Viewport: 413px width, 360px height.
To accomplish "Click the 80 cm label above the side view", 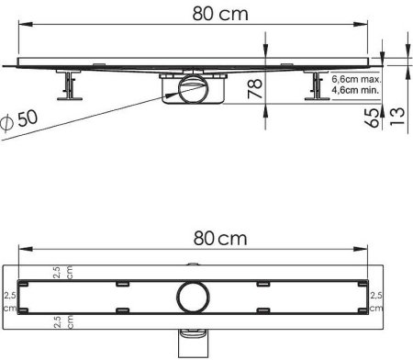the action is tap(220, 14).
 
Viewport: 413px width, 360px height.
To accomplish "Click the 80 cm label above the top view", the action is tap(220, 239).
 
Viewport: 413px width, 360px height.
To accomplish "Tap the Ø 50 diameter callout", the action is tap(19, 120).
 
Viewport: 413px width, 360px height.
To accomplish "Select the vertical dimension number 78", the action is tap(254, 89).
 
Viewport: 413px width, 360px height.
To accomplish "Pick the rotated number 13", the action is tap(397, 117).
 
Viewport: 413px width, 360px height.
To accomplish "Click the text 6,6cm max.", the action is tap(356, 79).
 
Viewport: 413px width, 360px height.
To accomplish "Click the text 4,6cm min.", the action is tap(355, 90).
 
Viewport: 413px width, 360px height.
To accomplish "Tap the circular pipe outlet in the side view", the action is tap(194, 89).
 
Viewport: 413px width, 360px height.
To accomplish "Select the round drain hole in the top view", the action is tap(193, 297).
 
